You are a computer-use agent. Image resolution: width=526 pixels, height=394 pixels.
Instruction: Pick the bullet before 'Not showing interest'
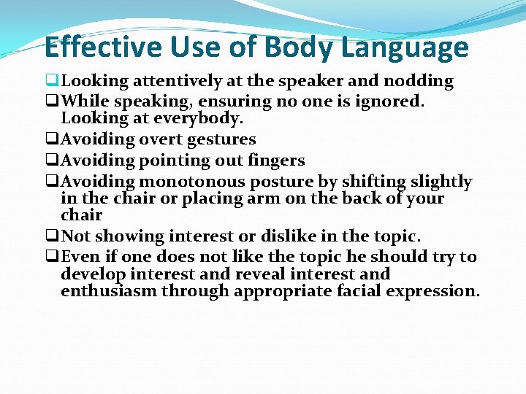coord(51,236)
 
